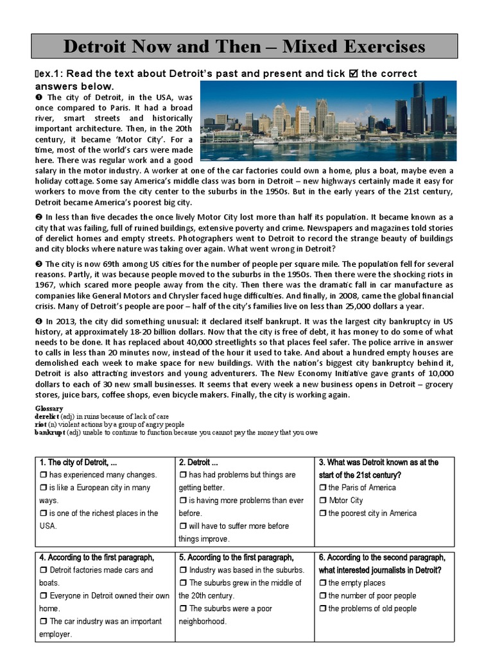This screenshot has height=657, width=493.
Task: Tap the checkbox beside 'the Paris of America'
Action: point(323,488)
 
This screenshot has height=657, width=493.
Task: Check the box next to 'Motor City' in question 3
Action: point(323,500)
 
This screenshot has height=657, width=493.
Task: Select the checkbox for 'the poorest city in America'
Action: point(323,513)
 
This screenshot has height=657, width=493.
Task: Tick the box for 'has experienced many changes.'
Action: point(44,475)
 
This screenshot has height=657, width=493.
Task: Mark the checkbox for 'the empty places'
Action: point(323,583)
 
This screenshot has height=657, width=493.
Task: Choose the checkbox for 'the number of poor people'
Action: point(323,596)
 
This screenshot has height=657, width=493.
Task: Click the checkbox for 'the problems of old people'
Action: point(323,609)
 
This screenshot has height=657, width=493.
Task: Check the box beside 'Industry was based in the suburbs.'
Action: point(183,570)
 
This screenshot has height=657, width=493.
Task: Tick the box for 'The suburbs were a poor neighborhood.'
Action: point(183,609)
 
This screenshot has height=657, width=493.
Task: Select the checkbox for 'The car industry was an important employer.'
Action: point(44,622)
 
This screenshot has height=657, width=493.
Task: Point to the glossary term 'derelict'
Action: point(47,416)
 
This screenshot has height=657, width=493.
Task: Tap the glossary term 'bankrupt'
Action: point(50,432)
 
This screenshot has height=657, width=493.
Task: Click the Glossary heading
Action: point(49,409)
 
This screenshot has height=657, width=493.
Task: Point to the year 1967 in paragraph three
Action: point(46,285)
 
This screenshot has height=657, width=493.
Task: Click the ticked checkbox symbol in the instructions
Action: point(352,74)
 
